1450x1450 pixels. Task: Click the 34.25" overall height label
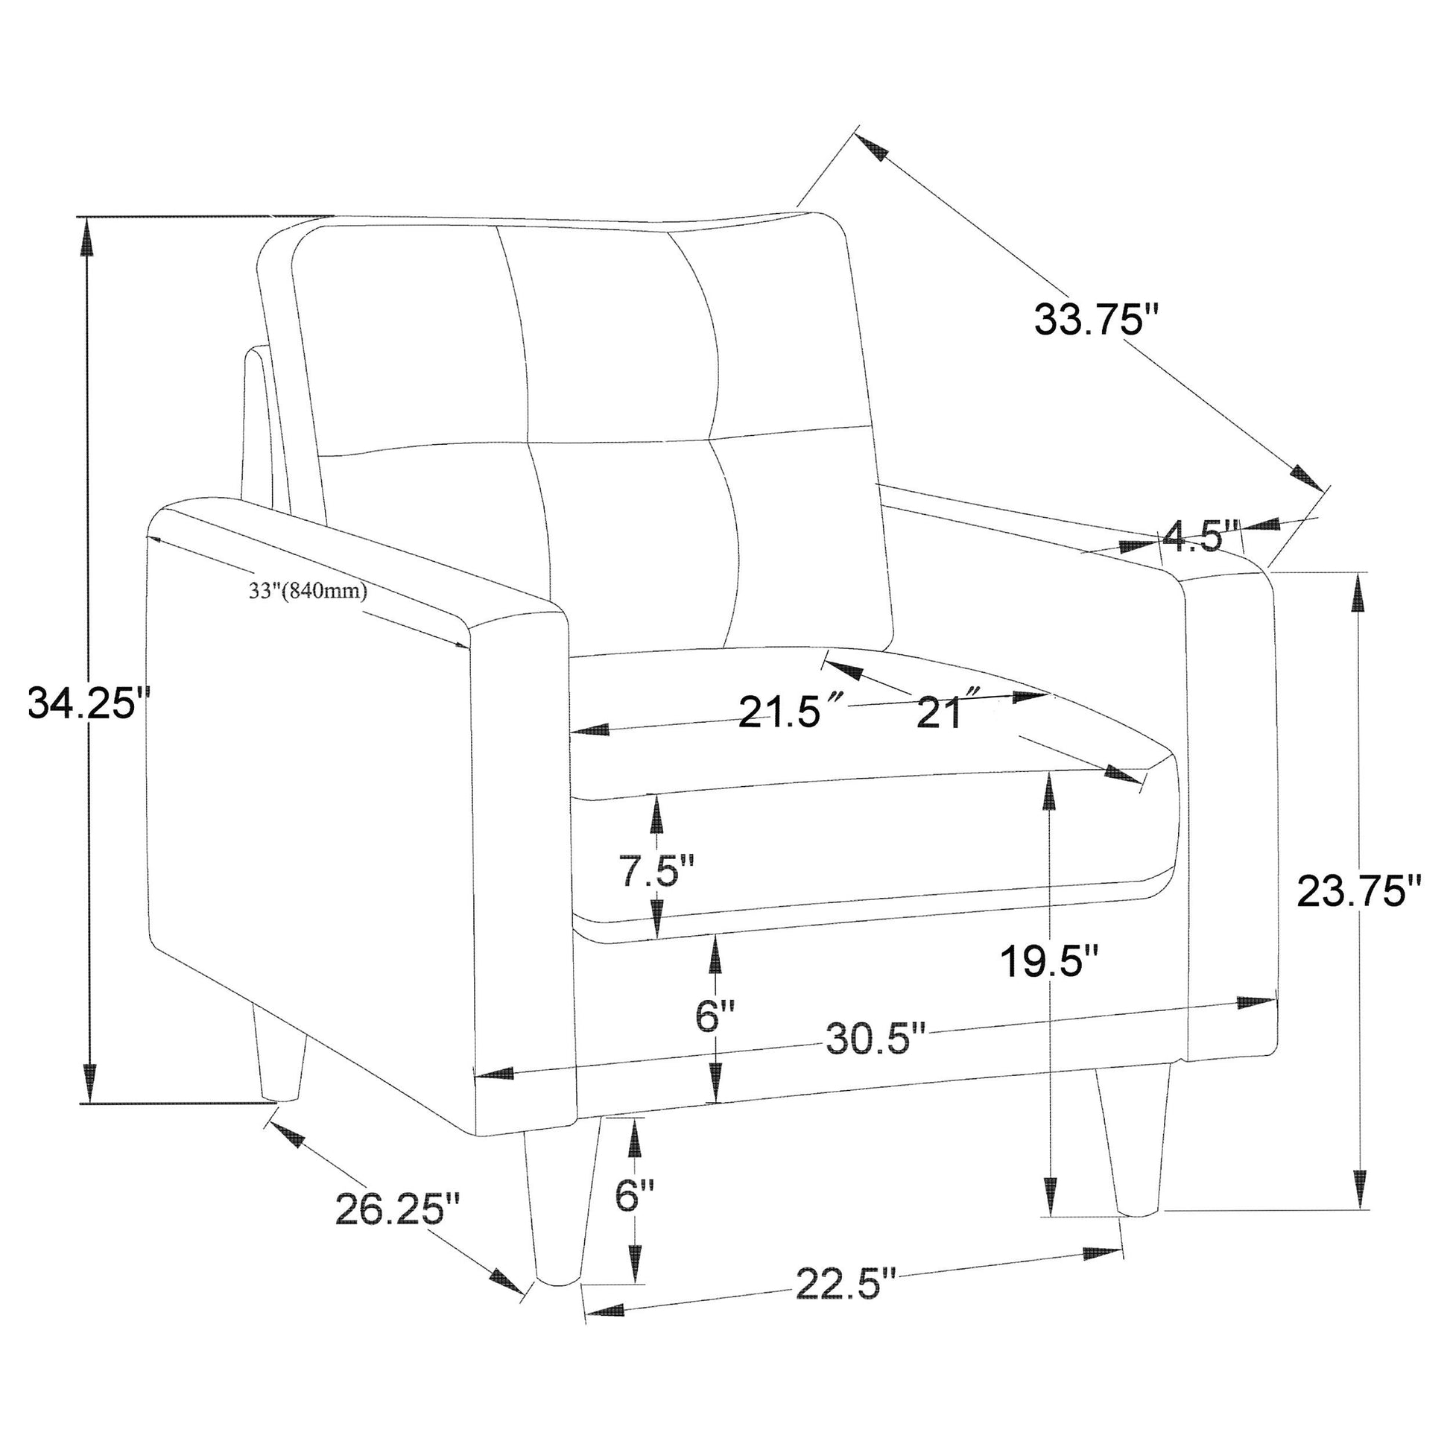pos(89,703)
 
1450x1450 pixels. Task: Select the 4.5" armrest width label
pos(1199,536)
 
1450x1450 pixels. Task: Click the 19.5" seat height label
pos(1051,961)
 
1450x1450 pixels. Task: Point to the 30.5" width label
pos(876,1039)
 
